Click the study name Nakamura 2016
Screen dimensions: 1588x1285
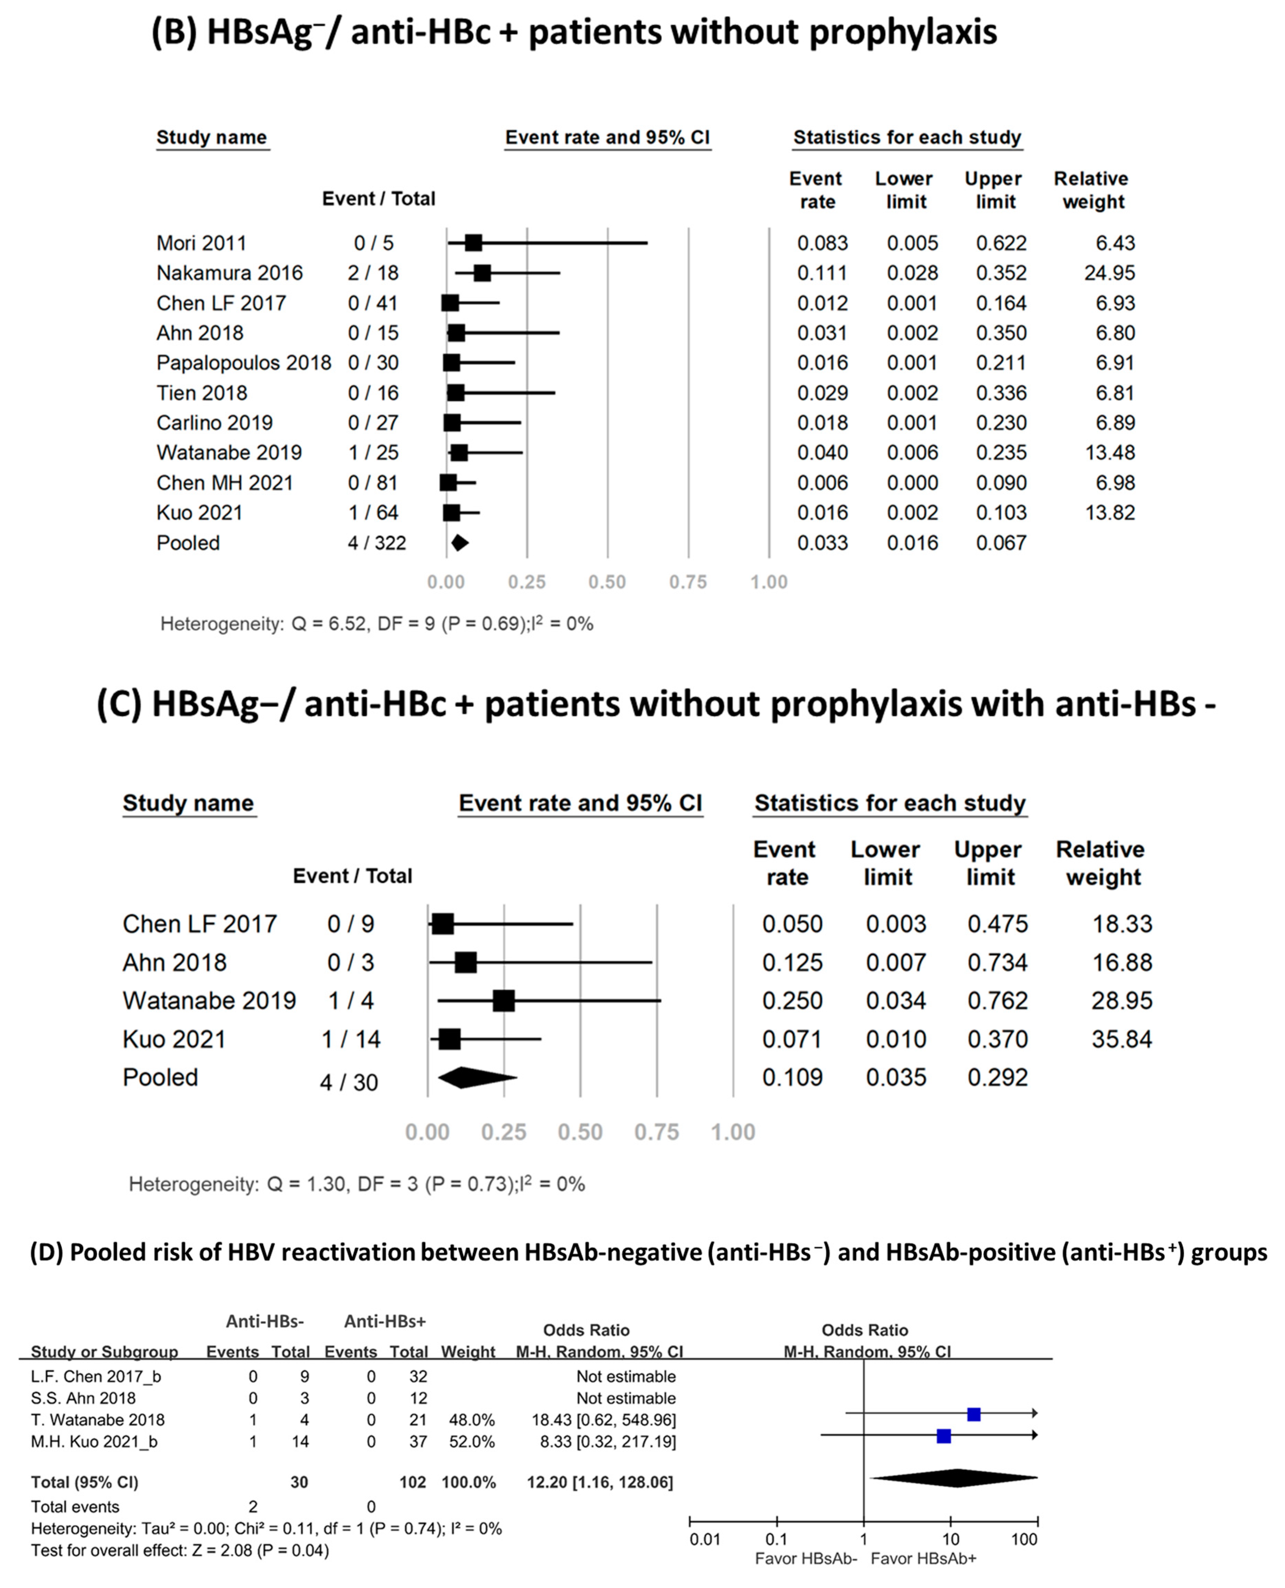point(230,273)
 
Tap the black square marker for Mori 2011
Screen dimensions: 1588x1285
point(473,243)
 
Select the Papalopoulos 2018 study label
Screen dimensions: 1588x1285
point(243,363)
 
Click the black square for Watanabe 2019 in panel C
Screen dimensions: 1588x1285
point(503,1000)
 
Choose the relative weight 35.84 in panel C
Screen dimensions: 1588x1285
point(1122,1039)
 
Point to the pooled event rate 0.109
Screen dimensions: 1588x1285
point(792,1077)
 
